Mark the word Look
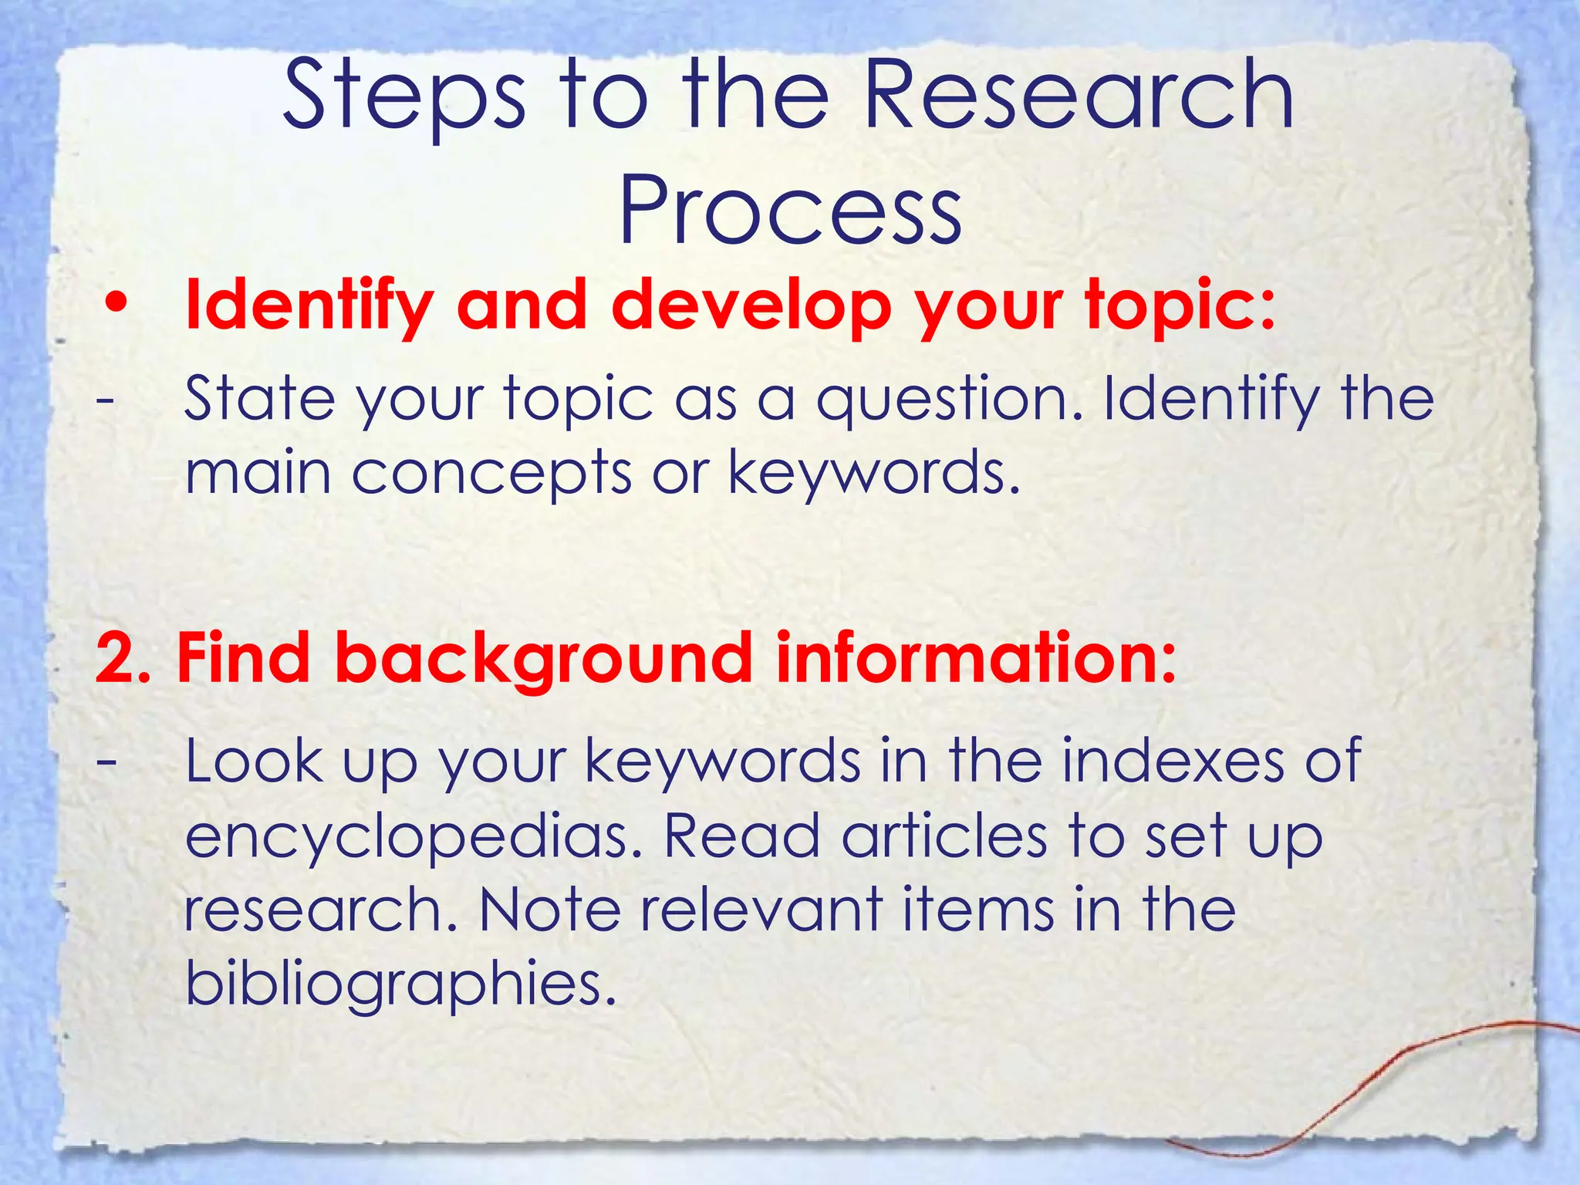coord(254,760)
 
